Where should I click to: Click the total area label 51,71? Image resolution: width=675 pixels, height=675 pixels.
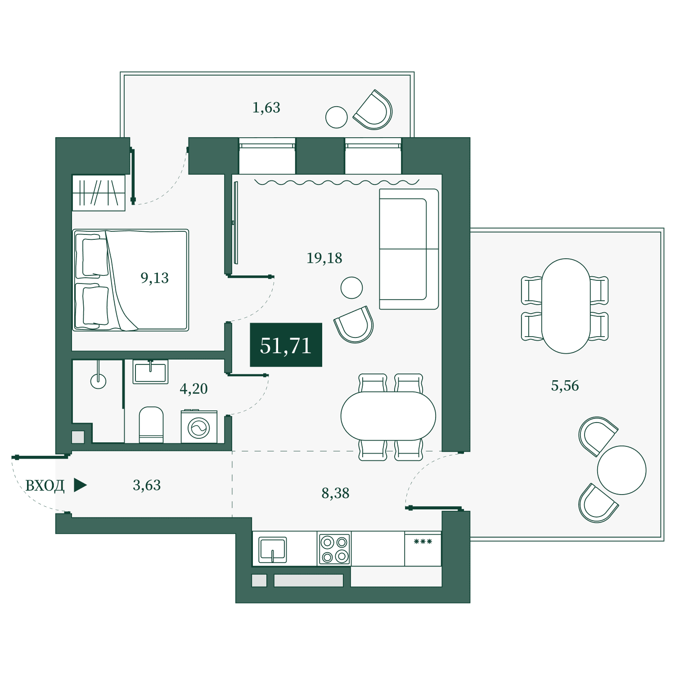click(286, 346)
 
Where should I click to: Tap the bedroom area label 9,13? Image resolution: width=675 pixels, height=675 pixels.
click(154, 278)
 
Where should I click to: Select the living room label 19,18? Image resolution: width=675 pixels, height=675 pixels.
click(324, 258)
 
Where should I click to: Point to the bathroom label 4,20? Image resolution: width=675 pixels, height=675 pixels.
click(193, 388)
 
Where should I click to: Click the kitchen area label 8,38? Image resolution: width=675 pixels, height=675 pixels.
click(335, 493)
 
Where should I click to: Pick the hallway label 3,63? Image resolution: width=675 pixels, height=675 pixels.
click(147, 485)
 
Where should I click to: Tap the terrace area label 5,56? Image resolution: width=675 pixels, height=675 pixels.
click(565, 386)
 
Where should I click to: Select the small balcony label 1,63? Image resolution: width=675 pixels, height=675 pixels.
click(266, 108)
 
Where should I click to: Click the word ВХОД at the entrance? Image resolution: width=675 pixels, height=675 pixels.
click(45, 486)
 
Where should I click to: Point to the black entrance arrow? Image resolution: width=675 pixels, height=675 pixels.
click(80, 485)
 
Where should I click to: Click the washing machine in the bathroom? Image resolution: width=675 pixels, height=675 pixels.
click(199, 426)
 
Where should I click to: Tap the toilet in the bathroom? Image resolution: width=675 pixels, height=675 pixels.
click(151, 425)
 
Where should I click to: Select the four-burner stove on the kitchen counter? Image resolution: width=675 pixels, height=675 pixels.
click(334, 549)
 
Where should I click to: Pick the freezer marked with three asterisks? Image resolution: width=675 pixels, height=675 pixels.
click(423, 549)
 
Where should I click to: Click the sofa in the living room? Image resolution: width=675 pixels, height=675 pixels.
click(409, 249)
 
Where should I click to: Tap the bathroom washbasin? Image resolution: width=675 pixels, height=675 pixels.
click(150, 372)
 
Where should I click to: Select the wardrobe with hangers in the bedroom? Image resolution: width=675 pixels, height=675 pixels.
click(99, 193)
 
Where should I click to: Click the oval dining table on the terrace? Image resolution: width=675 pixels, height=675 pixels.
click(566, 306)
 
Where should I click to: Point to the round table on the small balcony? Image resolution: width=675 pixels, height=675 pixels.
click(337, 117)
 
